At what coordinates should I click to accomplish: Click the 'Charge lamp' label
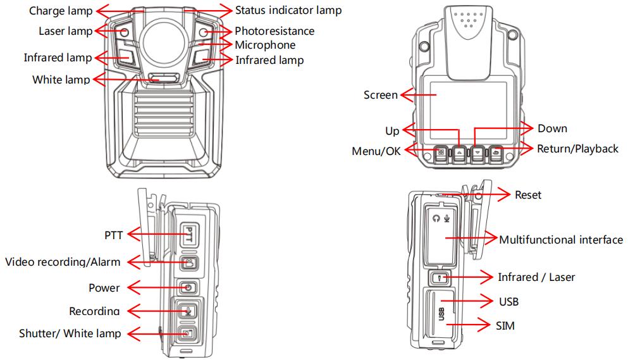coord(61,11)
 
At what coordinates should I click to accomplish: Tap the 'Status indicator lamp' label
coord(288,10)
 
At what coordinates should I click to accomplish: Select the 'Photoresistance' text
coord(274,31)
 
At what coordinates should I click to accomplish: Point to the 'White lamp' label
coord(61,80)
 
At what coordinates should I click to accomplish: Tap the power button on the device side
coord(188,288)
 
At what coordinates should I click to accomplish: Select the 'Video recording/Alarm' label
coord(63,261)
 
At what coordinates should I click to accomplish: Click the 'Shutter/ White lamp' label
coord(71,333)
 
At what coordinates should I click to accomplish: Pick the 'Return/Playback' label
coord(577,149)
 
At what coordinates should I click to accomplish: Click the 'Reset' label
coord(528,195)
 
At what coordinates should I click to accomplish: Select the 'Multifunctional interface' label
coord(561,240)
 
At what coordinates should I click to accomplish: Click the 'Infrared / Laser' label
coord(536,277)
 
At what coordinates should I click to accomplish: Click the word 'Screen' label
coord(381,95)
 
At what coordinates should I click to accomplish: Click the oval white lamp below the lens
coord(164,78)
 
